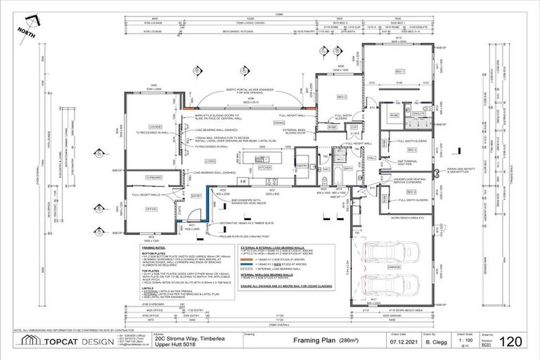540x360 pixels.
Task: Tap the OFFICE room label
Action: [x=150, y=209]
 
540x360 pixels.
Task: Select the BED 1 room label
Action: [x=400, y=72]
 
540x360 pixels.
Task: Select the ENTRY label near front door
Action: [x=196, y=195]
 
